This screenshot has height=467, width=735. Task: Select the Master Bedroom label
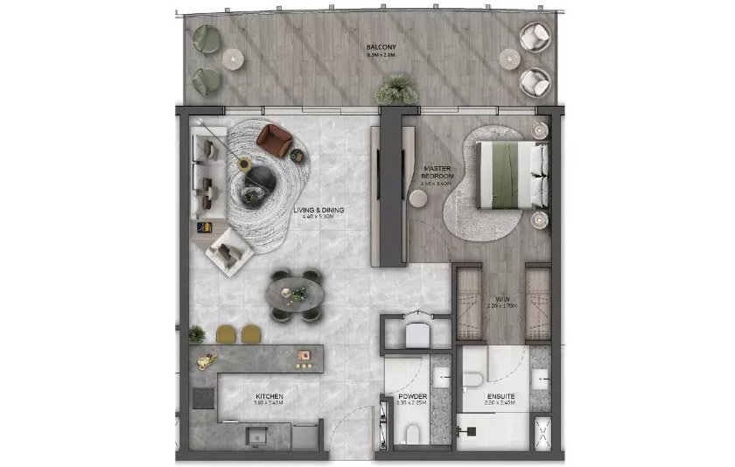pos(436,173)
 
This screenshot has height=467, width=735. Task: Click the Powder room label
pos(412,398)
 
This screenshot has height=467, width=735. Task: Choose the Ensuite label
pos(500,398)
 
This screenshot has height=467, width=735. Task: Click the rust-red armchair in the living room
pos(275,139)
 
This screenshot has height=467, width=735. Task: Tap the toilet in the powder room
pos(410,434)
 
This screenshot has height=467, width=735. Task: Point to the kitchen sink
pos(256,434)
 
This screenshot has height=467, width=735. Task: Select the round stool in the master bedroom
pos(419,200)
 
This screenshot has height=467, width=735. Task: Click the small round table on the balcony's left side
pos(232,58)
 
